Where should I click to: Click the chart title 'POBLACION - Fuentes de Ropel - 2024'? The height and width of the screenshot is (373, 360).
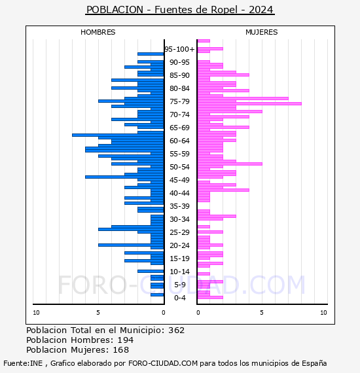tap(180, 10)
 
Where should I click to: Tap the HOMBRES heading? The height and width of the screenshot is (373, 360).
tap(98, 32)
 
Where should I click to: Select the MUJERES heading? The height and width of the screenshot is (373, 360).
tap(262, 32)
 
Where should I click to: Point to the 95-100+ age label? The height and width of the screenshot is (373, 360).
tap(179, 49)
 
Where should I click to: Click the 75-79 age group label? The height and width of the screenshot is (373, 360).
tap(179, 101)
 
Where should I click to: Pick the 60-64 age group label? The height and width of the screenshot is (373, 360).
tap(179, 141)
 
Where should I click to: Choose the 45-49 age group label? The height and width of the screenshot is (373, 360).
tap(179, 180)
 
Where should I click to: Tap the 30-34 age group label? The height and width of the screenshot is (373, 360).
tap(179, 219)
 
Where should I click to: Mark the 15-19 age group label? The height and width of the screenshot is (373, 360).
tap(179, 258)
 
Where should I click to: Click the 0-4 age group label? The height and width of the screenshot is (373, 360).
tap(180, 298)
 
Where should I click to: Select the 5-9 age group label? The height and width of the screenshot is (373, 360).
tap(180, 285)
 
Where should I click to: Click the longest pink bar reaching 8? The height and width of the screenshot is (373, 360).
tap(249, 103)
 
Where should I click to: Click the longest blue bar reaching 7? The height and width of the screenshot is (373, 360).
tap(118, 135)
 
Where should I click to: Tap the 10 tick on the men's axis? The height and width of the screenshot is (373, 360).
tap(36, 313)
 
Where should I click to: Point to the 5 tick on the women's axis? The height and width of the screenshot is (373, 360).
tap(262, 313)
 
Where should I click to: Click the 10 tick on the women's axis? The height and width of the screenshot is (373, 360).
tap(323, 313)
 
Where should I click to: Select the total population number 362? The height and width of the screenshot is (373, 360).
tap(177, 330)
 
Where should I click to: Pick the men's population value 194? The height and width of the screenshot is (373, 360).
tap(126, 340)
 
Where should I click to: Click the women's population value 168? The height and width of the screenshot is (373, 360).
tap(121, 349)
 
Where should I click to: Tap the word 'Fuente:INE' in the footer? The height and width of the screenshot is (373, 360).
tap(23, 363)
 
